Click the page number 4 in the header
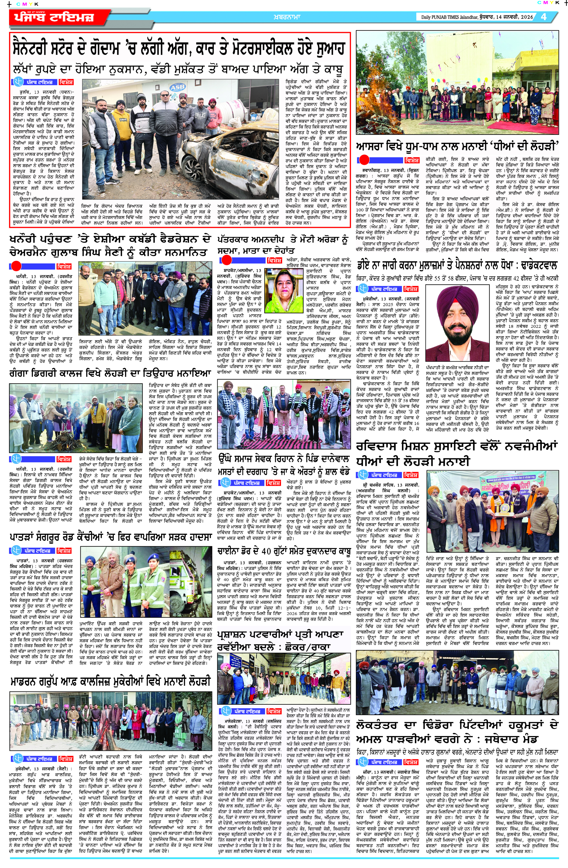544,17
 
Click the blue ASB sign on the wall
178,87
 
